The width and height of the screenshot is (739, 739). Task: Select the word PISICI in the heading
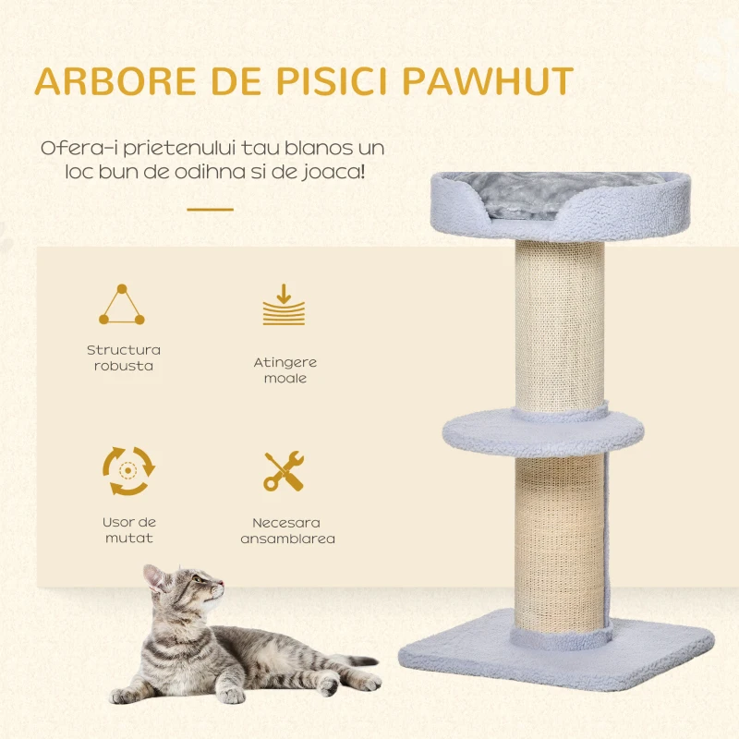click(x=332, y=81)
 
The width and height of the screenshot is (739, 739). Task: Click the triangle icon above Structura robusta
click(x=122, y=305)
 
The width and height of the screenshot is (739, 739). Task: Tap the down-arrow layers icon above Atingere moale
click(x=284, y=305)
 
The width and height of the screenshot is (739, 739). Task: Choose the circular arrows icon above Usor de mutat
click(x=128, y=471)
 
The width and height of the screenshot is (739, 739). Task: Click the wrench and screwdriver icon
click(x=284, y=471)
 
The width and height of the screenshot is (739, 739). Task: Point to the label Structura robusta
click(x=124, y=357)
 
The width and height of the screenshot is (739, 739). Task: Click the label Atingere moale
click(x=285, y=370)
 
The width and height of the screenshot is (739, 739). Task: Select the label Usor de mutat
click(x=129, y=529)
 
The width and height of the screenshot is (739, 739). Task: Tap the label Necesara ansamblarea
click(x=287, y=530)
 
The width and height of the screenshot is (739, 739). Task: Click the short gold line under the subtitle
click(x=211, y=210)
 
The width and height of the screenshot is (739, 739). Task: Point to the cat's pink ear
click(x=153, y=577)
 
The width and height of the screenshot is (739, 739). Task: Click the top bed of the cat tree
click(x=560, y=205)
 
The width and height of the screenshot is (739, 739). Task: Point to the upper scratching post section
click(x=560, y=325)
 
